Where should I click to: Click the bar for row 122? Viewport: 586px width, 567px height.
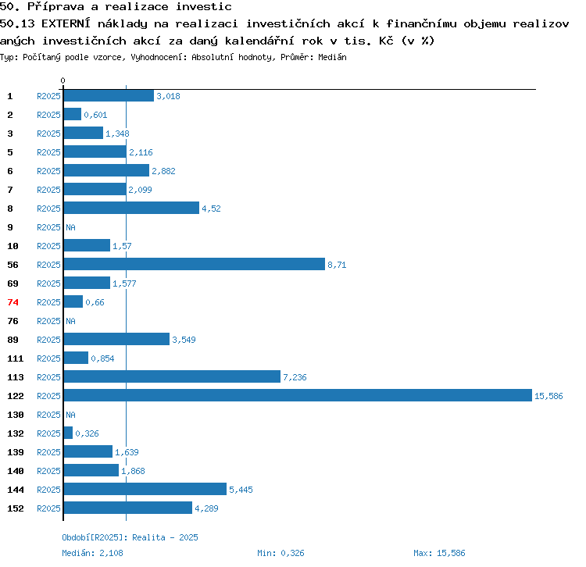(x=298, y=395)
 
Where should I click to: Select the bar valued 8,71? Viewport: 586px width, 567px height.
(x=195, y=264)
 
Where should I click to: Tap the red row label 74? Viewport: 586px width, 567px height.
(x=13, y=302)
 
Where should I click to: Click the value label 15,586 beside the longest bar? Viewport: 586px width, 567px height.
(x=548, y=396)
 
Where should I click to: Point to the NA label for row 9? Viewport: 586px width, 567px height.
(x=70, y=227)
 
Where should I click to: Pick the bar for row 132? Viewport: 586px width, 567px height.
(x=68, y=433)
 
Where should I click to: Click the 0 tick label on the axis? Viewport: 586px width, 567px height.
(x=63, y=80)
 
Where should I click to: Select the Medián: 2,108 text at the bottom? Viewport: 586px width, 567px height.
(x=92, y=553)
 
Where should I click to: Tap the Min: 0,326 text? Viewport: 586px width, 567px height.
(x=280, y=553)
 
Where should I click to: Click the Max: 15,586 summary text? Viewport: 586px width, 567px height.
(x=439, y=553)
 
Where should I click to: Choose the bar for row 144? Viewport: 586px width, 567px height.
(x=145, y=489)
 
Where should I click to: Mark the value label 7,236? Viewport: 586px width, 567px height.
(x=295, y=377)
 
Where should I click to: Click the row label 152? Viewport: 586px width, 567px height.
(x=16, y=508)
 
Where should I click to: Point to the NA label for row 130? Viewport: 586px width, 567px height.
(x=70, y=415)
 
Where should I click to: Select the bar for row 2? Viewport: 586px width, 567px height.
(x=73, y=114)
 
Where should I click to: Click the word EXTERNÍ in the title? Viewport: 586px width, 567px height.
(x=66, y=23)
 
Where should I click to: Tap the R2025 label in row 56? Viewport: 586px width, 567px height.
(x=48, y=265)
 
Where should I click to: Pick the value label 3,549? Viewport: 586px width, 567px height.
(x=184, y=340)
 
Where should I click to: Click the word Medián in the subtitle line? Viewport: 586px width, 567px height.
(x=332, y=57)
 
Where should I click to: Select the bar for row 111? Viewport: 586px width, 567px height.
(x=76, y=358)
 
